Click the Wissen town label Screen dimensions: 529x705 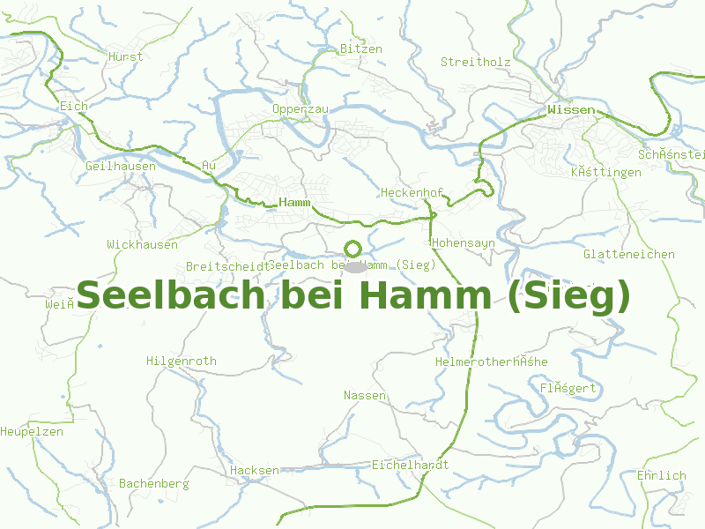click(x=571, y=110)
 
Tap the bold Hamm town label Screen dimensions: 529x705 click(x=295, y=203)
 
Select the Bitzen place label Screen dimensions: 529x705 click(x=361, y=49)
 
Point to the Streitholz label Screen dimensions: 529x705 click(x=476, y=62)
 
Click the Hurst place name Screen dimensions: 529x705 click(x=125, y=56)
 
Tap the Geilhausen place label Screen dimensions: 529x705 click(x=121, y=166)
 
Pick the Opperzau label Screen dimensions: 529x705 click(x=301, y=108)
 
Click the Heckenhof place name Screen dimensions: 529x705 click(x=412, y=192)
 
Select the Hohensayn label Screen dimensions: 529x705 click(x=464, y=242)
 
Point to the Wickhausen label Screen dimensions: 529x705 click(x=142, y=244)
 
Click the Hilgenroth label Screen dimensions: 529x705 click(x=182, y=361)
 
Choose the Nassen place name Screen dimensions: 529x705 click(x=365, y=395)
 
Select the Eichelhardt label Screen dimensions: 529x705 click(x=411, y=465)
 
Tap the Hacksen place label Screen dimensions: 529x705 click(x=254, y=471)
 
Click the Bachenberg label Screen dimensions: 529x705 click(x=154, y=484)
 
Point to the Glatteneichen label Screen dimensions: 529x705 click(x=629, y=255)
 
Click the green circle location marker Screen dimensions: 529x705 click(x=352, y=249)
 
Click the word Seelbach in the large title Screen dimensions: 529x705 click(x=173, y=295)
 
